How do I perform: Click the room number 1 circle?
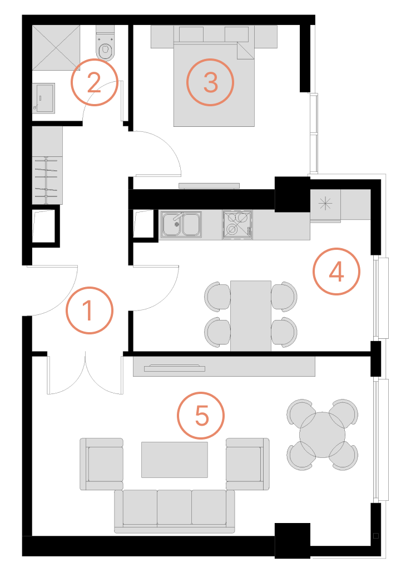(x=90, y=310)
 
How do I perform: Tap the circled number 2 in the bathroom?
(x=94, y=82)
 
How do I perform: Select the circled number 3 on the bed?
(x=210, y=82)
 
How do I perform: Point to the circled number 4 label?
(x=336, y=272)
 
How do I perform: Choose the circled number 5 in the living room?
(x=201, y=416)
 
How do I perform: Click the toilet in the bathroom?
(x=105, y=42)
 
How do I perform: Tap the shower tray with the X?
(x=56, y=47)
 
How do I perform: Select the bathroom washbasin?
(x=44, y=98)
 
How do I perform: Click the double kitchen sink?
(x=181, y=224)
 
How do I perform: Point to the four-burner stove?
(x=237, y=224)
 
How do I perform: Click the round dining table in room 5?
(x=322, y=435)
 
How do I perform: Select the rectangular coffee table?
(x=175, y=460)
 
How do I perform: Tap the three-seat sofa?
(x=175, y=511)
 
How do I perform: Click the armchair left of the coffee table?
(x=102, y=463)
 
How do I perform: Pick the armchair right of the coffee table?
(x=247, y=463)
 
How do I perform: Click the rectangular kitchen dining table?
(x=251, y=315)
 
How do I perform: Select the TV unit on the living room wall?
(x=224, y=367)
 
